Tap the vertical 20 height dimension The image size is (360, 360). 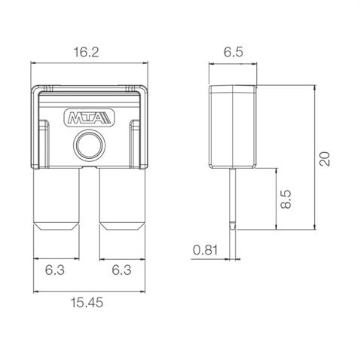[325, 159]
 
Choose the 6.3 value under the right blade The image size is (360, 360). [122, 268]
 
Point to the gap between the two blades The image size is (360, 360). [89, 203]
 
